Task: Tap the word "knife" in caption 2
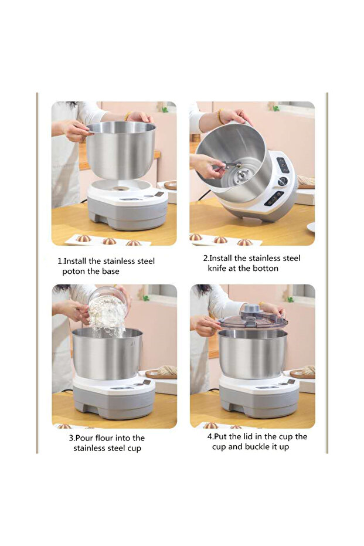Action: [x=217, y=268]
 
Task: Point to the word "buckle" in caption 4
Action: [x=257, y=447]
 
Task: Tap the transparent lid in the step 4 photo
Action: [x=253, y=320]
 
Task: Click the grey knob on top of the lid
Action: [x=252, y=308]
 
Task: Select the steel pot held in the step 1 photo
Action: [x=120, y=150]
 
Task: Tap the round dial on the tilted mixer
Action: [x=283, y=181]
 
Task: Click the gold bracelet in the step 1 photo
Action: [x=128, y=116]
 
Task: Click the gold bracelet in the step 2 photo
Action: [x=220, y=116]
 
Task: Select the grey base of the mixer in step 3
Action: [x=114, y=404]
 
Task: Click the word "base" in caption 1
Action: [x=111, y=272]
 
